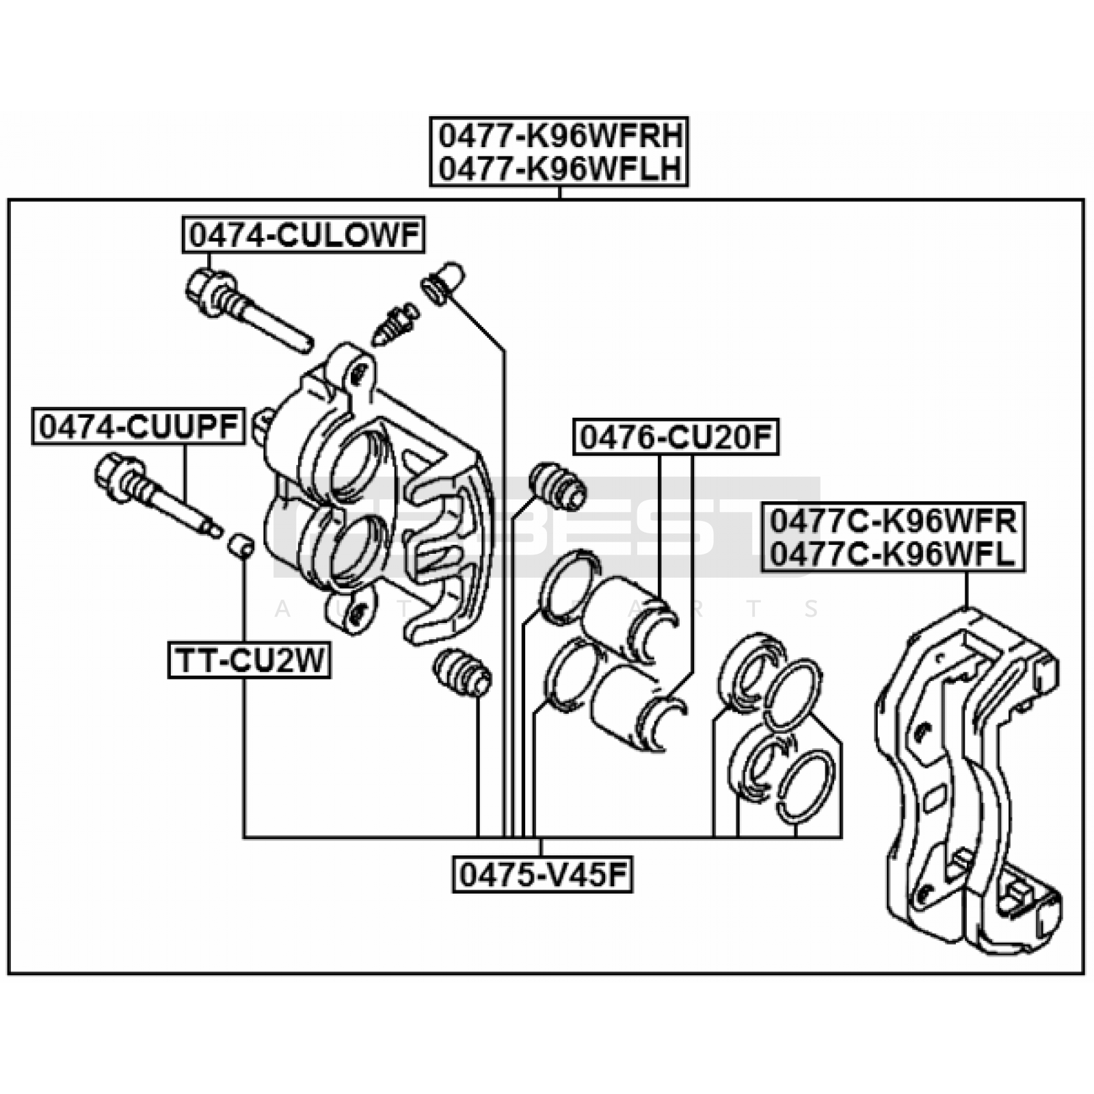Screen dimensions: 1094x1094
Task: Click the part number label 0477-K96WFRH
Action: click(559, 137)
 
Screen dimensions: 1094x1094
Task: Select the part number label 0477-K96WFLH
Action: click(559, 169)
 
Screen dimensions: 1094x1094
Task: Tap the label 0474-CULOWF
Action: click(304, 236)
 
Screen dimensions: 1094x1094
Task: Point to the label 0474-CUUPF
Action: click(138, 427)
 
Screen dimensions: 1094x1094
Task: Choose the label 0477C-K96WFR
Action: click(893, 522)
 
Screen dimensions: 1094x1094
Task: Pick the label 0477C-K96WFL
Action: click(893, 554)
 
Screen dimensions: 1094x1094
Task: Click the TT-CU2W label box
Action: click(250, 661)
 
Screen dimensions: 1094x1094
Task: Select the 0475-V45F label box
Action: click(542, 875)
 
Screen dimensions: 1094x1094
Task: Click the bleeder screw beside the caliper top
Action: click(395, 324)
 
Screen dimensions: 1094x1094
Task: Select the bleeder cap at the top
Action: click(444, 281)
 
